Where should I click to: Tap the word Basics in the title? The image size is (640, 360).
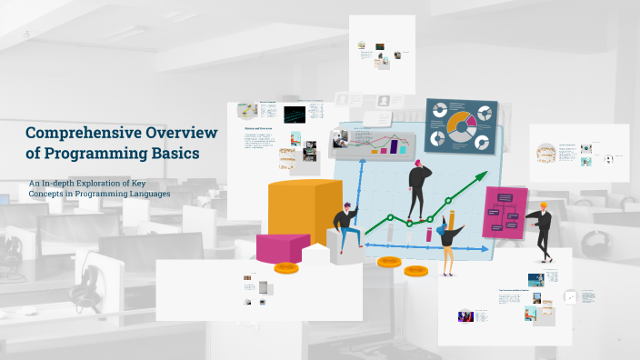tap(175, 153)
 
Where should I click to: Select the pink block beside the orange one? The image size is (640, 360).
tap(283, 246)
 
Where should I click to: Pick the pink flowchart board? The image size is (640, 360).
tap(504, 214)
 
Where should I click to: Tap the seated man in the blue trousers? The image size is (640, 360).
tap(346, 228)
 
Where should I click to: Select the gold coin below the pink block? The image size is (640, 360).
tap(286, 267)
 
